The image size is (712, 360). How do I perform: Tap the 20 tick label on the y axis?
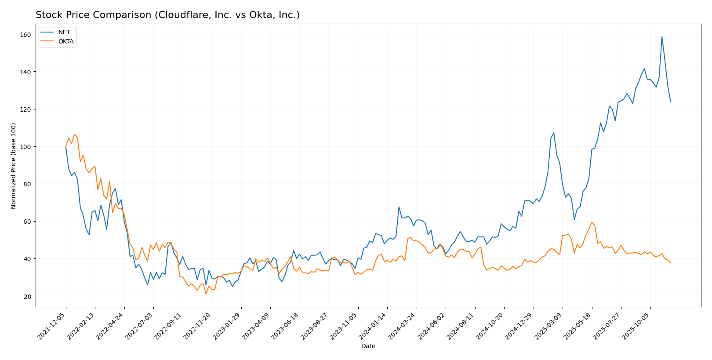(x=28, y=296)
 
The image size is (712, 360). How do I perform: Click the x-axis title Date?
(x=368, y=346)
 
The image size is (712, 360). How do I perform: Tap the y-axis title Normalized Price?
(x=14, y=166)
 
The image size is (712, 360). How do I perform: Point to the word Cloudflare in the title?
(x=176, y=15)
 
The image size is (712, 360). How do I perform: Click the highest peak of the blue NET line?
(x=662, y=36)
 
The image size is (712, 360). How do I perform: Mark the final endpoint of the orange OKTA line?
(x=671, y=263)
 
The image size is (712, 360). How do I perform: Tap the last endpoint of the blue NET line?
(x=671, y=102)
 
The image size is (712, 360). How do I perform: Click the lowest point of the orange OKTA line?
(x=206, y=294)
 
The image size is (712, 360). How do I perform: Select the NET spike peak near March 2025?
(x=554, y=133)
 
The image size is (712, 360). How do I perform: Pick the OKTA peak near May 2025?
(x=592, y=222)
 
